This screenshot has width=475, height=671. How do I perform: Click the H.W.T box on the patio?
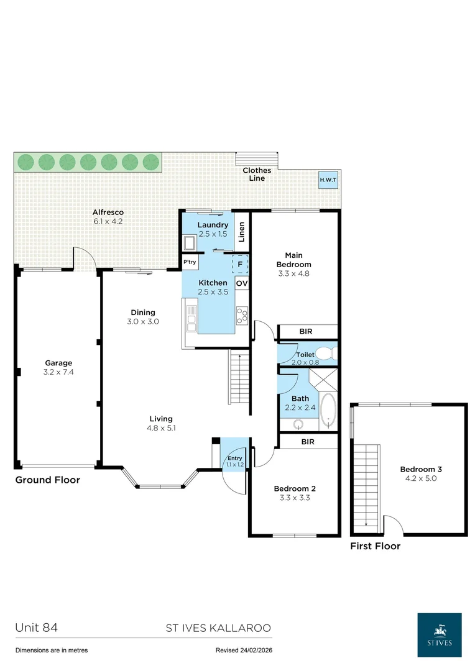coord(328,180)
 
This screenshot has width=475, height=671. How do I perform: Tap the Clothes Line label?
coord(257,175)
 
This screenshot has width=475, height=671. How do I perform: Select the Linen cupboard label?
coord(242,232)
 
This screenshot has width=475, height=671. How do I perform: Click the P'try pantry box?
coord(190,263)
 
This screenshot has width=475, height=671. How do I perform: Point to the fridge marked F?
coord(240,263)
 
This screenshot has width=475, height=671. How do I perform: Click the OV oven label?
coord(242,283)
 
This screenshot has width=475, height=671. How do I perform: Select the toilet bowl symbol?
coord(330,354)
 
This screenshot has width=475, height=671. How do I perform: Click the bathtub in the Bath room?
coord(327,411)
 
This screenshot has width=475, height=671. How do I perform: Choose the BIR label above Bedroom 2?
coord(307,442)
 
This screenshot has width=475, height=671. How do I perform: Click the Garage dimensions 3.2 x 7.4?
coord(58,372)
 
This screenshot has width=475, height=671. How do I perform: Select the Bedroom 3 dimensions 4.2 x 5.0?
coord(420,479)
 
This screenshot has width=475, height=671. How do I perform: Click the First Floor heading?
coord(375,546)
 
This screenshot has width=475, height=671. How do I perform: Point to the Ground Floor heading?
coord(48,480)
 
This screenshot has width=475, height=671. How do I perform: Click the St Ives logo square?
coord(439,635)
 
